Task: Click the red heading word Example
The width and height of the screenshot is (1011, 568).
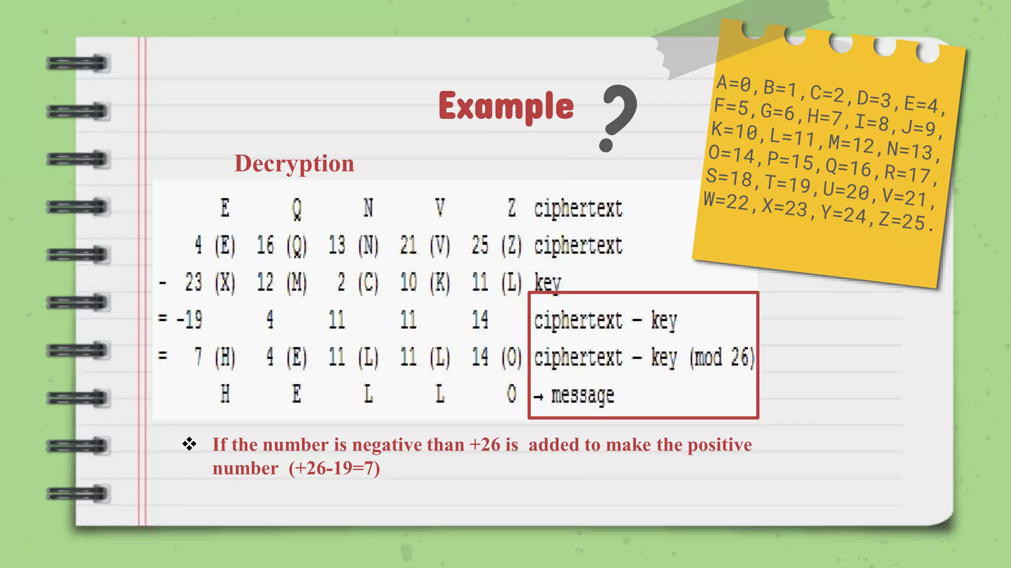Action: click(x=506, y=106)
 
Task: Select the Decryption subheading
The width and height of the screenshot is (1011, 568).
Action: click(x=294, y=163)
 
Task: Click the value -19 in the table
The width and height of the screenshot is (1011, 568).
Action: click(x=190, y=320)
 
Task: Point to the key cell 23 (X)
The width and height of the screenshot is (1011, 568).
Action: click(x=210, y=283)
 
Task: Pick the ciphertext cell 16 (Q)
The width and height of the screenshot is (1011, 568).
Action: click(x=282, y=246)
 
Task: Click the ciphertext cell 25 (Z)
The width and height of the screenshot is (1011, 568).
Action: click(x=497, y=246)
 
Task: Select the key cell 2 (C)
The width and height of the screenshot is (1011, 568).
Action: click(x=358, y=283)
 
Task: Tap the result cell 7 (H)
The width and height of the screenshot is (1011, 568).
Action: click(x=215, y=357)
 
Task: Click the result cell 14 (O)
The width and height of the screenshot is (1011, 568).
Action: click(x=497, y=357)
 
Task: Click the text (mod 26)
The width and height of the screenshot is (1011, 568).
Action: click(x=722, y=357)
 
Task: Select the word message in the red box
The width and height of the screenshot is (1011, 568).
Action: click(x=583, y=395)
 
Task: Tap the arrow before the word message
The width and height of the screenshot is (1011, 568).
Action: click(x=539, y=396)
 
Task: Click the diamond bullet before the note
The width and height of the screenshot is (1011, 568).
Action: click(x=189, y=444)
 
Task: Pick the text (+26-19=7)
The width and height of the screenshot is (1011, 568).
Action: click(x=334, y=468)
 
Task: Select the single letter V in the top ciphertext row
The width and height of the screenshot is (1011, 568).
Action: click(x=440, y=208)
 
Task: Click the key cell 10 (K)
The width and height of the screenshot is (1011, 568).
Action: click(x=425, y=283)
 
